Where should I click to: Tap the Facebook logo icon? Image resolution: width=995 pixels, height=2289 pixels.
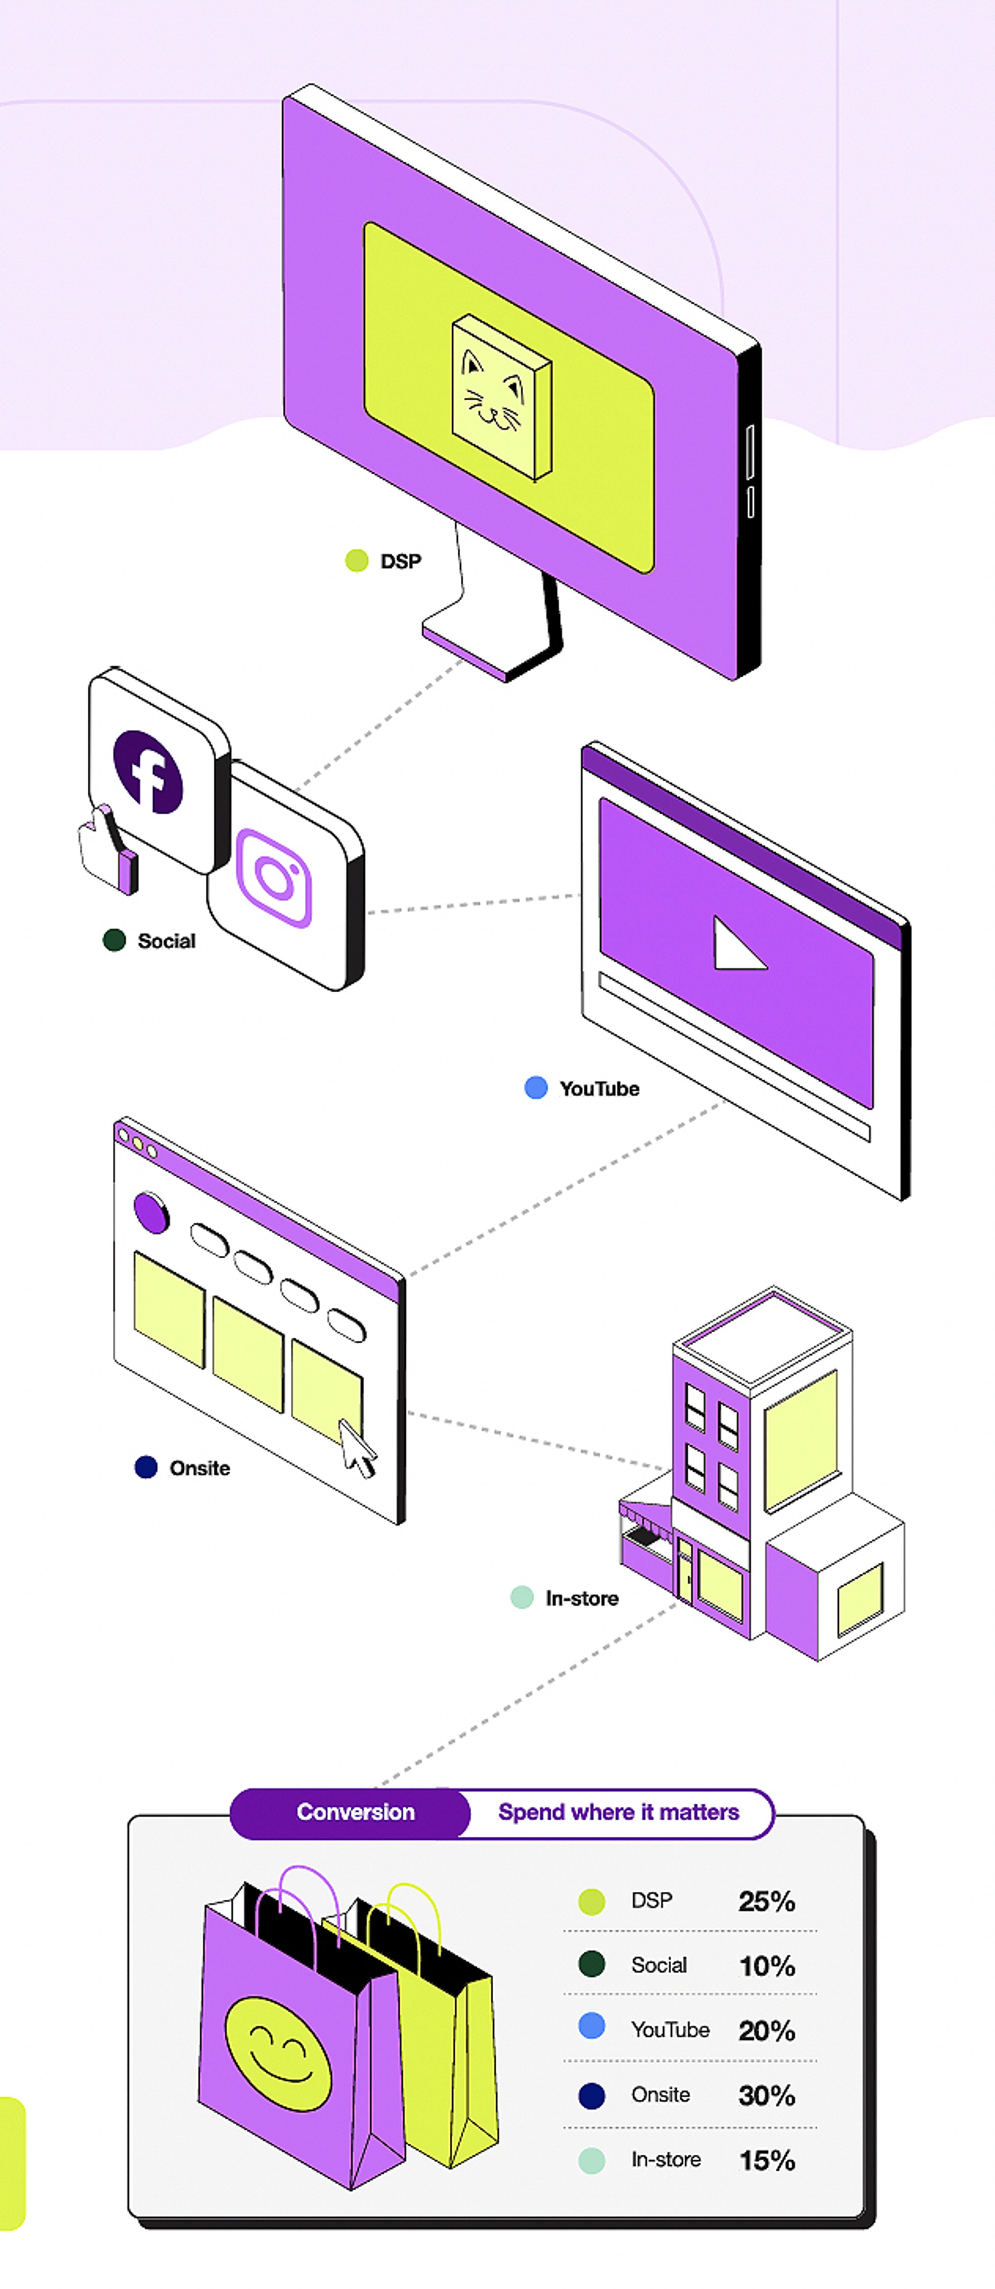pos(148,771)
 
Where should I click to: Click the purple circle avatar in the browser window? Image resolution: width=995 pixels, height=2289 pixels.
pos(151,1212)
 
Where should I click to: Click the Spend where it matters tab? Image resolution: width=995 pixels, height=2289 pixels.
pos(618,1812)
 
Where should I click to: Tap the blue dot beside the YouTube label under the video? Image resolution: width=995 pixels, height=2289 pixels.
pos(536,1088)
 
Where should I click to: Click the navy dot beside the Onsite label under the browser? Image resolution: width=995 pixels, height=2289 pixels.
pos(146,1467)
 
